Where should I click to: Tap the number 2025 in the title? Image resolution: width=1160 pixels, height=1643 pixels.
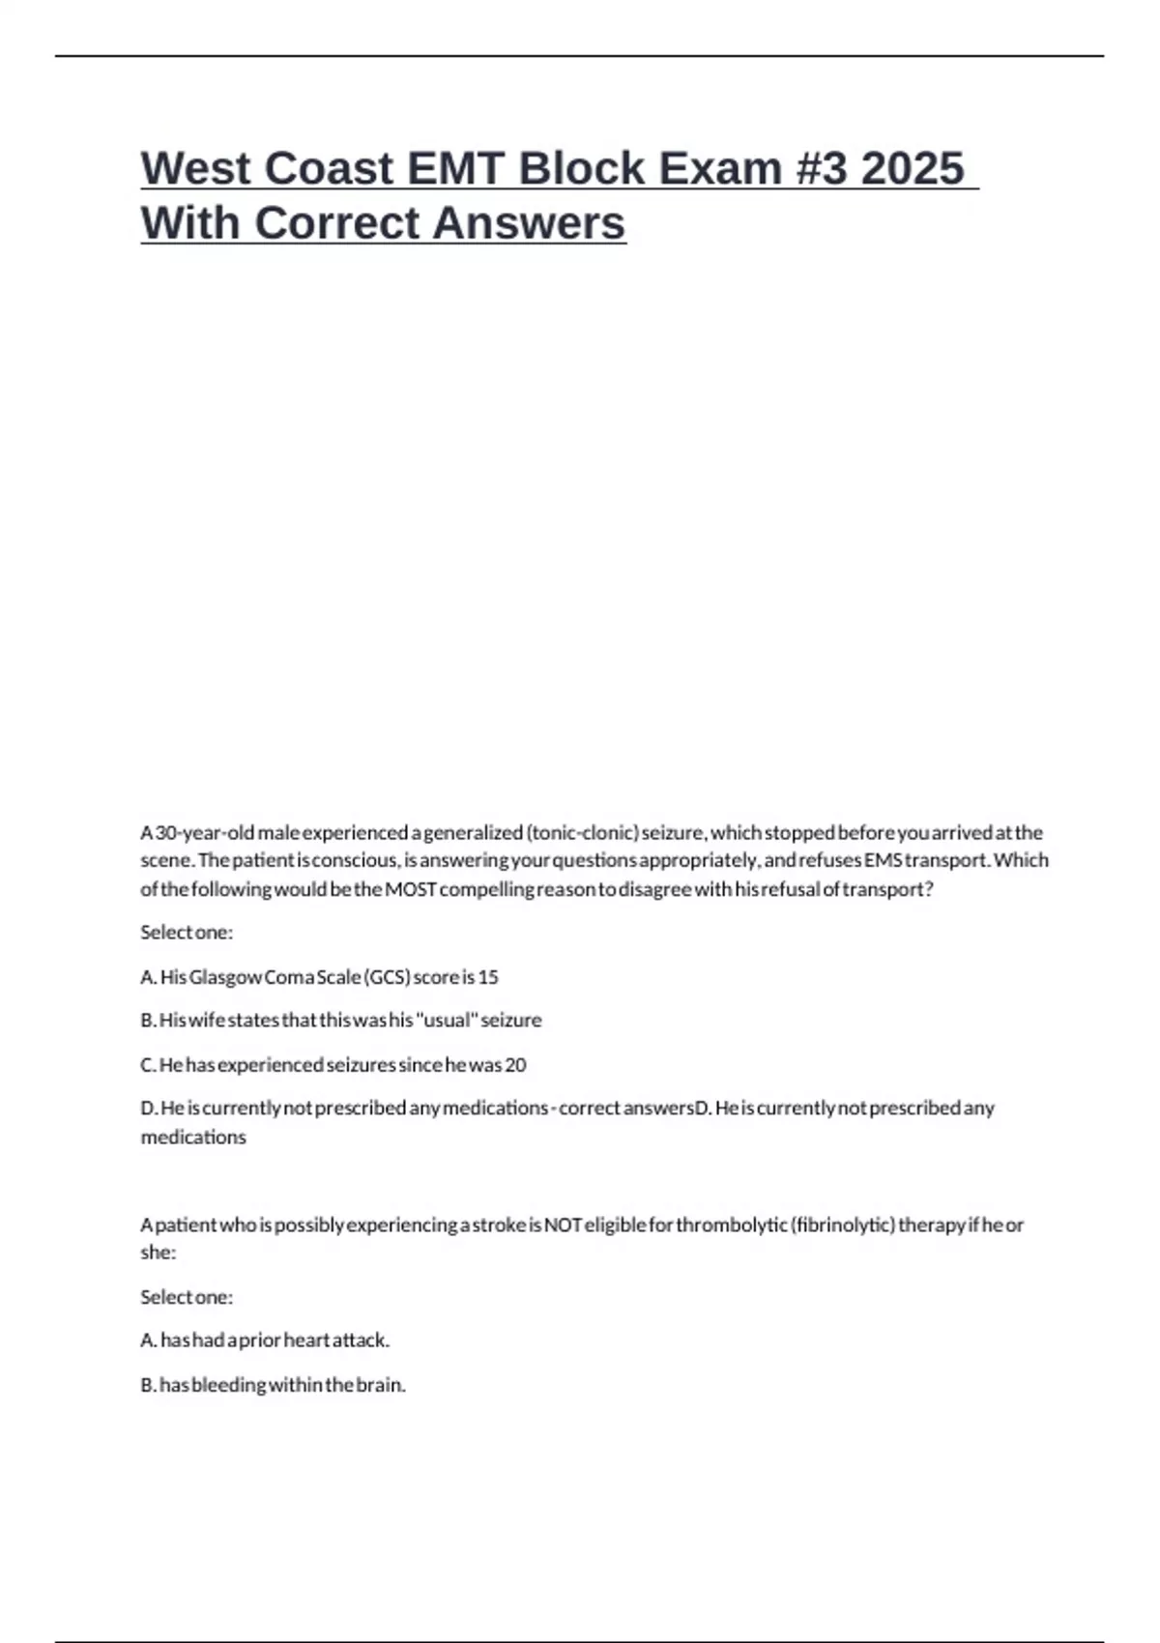click(x=912, y=168)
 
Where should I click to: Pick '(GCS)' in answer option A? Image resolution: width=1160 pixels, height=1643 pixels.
click(x=387, y=977)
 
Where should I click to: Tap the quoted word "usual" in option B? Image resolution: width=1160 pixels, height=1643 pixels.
click(x=447, y=1021)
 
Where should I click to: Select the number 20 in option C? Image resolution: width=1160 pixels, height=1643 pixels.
click(x=516, y=1065)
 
